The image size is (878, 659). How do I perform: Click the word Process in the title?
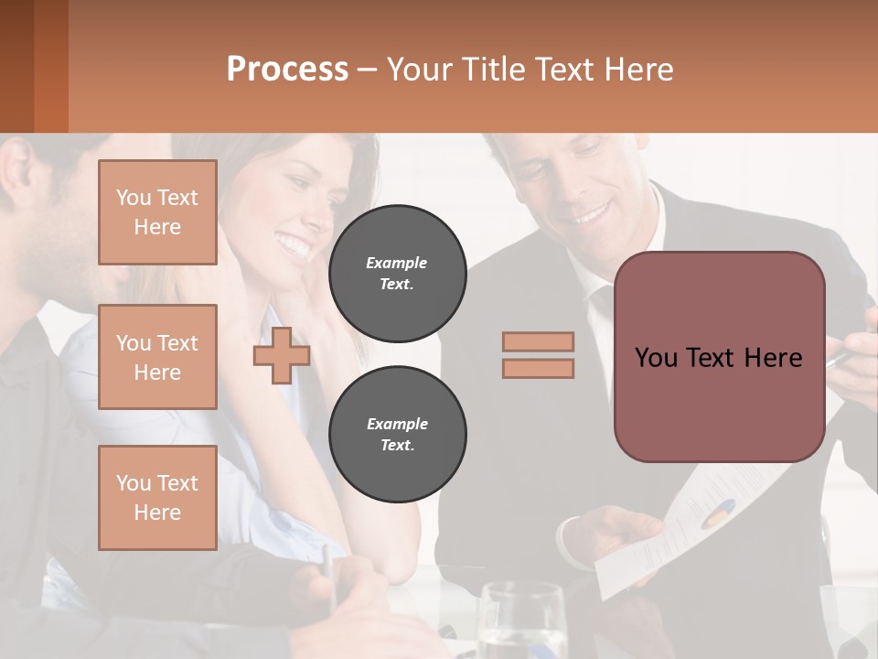(287, 70)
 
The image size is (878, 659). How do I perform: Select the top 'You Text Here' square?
(157, 212)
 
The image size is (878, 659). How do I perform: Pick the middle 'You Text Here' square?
(157, 357)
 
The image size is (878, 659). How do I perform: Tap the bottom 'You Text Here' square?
(157, 498)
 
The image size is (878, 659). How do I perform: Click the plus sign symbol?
(282, 357)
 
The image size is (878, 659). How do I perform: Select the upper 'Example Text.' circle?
(397, 274)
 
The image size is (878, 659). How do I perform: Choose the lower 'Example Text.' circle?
(397, 435)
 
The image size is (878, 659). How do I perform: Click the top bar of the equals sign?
(538, 341)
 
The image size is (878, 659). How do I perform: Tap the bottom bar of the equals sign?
(538, 368)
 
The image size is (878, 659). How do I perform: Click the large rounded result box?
(719, 357)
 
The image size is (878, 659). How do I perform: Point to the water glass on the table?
(521, 622)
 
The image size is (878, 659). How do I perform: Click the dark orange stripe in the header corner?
(50, 66)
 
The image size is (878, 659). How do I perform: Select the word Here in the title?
(637, 70)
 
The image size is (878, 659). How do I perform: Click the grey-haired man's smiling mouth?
(590, 216)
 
